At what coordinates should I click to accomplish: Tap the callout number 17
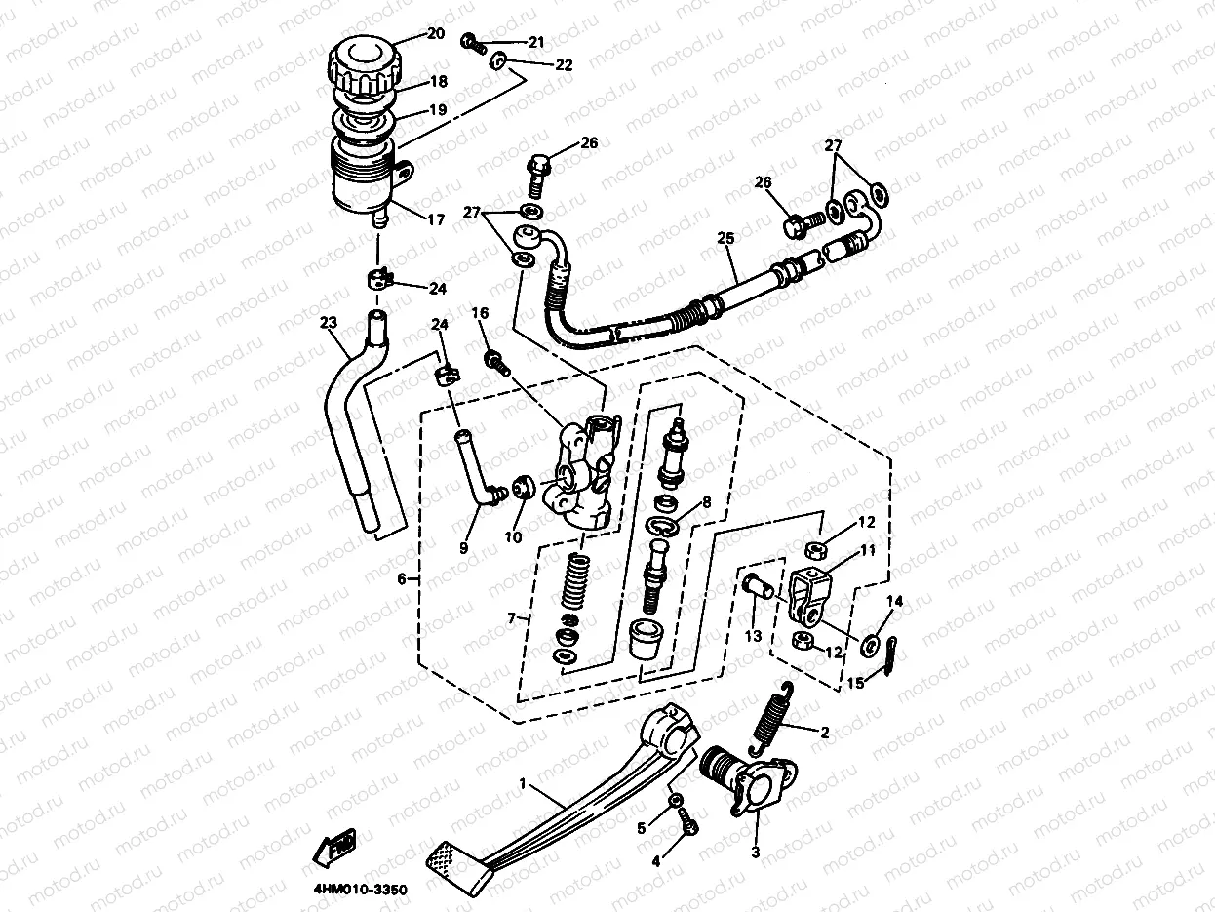coord(435,220)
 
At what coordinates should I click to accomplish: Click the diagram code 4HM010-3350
coord(361,889)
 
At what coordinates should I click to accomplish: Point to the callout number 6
coord(402,578)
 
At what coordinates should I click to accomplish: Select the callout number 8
coord(706,503)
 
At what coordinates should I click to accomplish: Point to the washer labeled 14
coord(868,644)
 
